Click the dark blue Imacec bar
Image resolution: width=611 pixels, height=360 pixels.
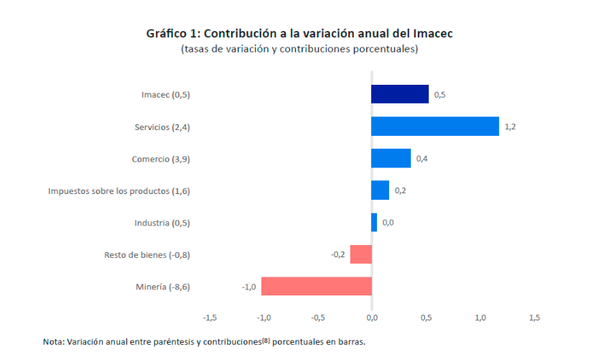(400, 94)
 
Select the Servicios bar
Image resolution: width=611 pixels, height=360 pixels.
(435, 126)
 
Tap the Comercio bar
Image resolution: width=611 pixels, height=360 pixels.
(391, 158)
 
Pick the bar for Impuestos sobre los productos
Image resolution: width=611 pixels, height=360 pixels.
(380, 190)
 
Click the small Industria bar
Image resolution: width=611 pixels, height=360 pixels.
(374, 223)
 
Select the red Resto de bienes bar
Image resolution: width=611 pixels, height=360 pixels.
(361, 254)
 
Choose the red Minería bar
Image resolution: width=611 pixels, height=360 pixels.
(317, 287)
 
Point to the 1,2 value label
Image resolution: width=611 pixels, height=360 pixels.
(510, 126)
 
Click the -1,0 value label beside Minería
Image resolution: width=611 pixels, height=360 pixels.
(249, 287)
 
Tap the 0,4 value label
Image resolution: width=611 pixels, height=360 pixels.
(422, 158)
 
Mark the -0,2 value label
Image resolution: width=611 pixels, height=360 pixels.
(337, 254)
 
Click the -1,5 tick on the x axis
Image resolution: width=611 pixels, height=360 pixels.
(210, 317)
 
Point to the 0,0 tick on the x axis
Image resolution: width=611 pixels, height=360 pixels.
(372, 317)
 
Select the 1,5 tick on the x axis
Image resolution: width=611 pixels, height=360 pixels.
(534, 317)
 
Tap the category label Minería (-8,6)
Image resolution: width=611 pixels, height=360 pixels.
(163, 287)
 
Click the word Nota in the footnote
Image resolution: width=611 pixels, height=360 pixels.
(53, 342)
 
